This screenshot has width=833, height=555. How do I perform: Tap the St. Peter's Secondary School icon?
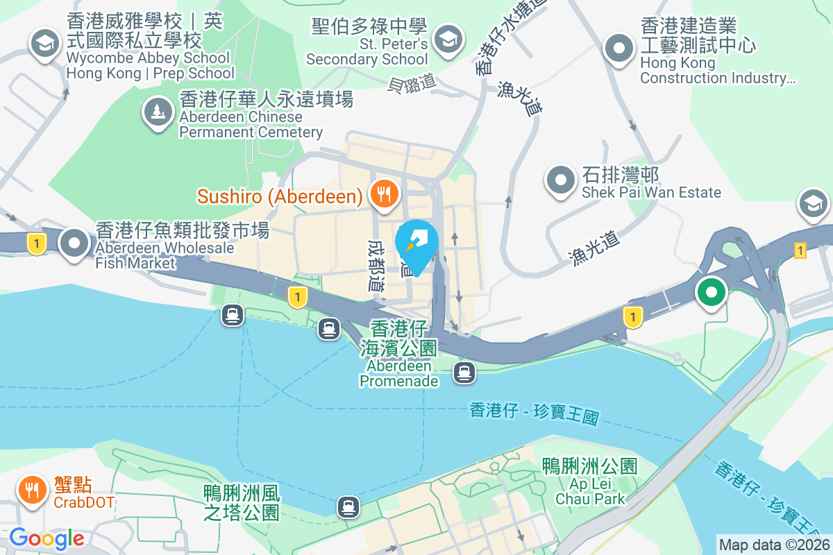[x=448, y=37]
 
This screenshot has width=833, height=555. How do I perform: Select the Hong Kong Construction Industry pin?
[x=617, y=49]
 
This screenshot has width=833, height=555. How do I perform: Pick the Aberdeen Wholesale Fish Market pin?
[x=74, y=244]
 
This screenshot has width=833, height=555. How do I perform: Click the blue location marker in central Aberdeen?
[x=416, y=245]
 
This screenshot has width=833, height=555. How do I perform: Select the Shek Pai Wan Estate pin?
[x=560, y=181]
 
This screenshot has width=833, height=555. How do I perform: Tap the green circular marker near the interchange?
[x=711, y=291]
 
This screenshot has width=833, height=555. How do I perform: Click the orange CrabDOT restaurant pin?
[x=31, y=490]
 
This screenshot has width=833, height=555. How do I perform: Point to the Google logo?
[x=47, y=538]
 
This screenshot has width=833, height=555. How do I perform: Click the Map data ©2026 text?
[x=774, y=545]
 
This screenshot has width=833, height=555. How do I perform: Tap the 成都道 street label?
[x=376, y=266]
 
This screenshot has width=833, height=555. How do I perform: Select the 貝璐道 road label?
[x=412, y=82]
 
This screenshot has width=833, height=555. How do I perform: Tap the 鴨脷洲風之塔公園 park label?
[x=242, y=503]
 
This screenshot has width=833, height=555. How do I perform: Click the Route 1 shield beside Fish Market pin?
[x=35, y=243]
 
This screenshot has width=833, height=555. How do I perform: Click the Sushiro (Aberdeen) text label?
[x=280, y=196]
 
